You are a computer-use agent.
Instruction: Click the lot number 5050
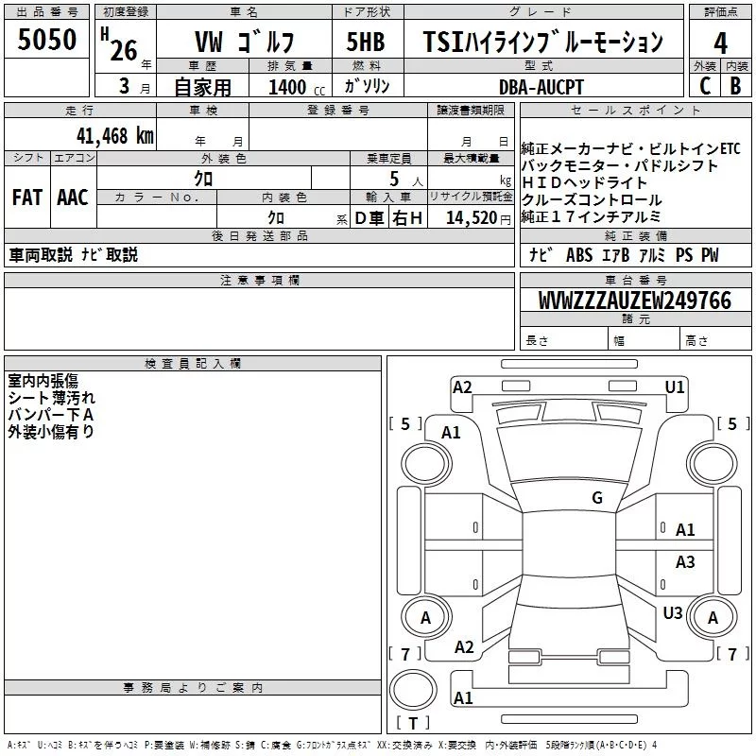(x=47, y=43)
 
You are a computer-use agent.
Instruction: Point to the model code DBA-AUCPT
(x=541, y=87)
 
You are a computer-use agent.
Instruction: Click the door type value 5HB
(x=366, y=43)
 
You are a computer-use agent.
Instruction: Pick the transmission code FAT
(x=26, y=198)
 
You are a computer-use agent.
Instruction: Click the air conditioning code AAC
(x=73, y=198)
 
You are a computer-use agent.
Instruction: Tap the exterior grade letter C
(x=704, y=87)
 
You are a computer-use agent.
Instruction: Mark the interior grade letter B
(x=735, y=87)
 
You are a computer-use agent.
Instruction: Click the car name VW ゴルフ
(x=244, y=43)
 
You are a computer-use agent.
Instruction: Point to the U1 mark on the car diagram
(x=675, y=387)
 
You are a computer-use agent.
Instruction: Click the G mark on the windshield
(x=597, y=498)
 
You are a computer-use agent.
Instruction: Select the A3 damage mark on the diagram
(x=685, y=562)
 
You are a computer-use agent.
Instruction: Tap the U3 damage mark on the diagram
(x=673, y=613)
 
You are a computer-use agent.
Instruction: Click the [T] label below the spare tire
(x=413, y=724)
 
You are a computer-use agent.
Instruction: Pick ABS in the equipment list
(x=578, y=254)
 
